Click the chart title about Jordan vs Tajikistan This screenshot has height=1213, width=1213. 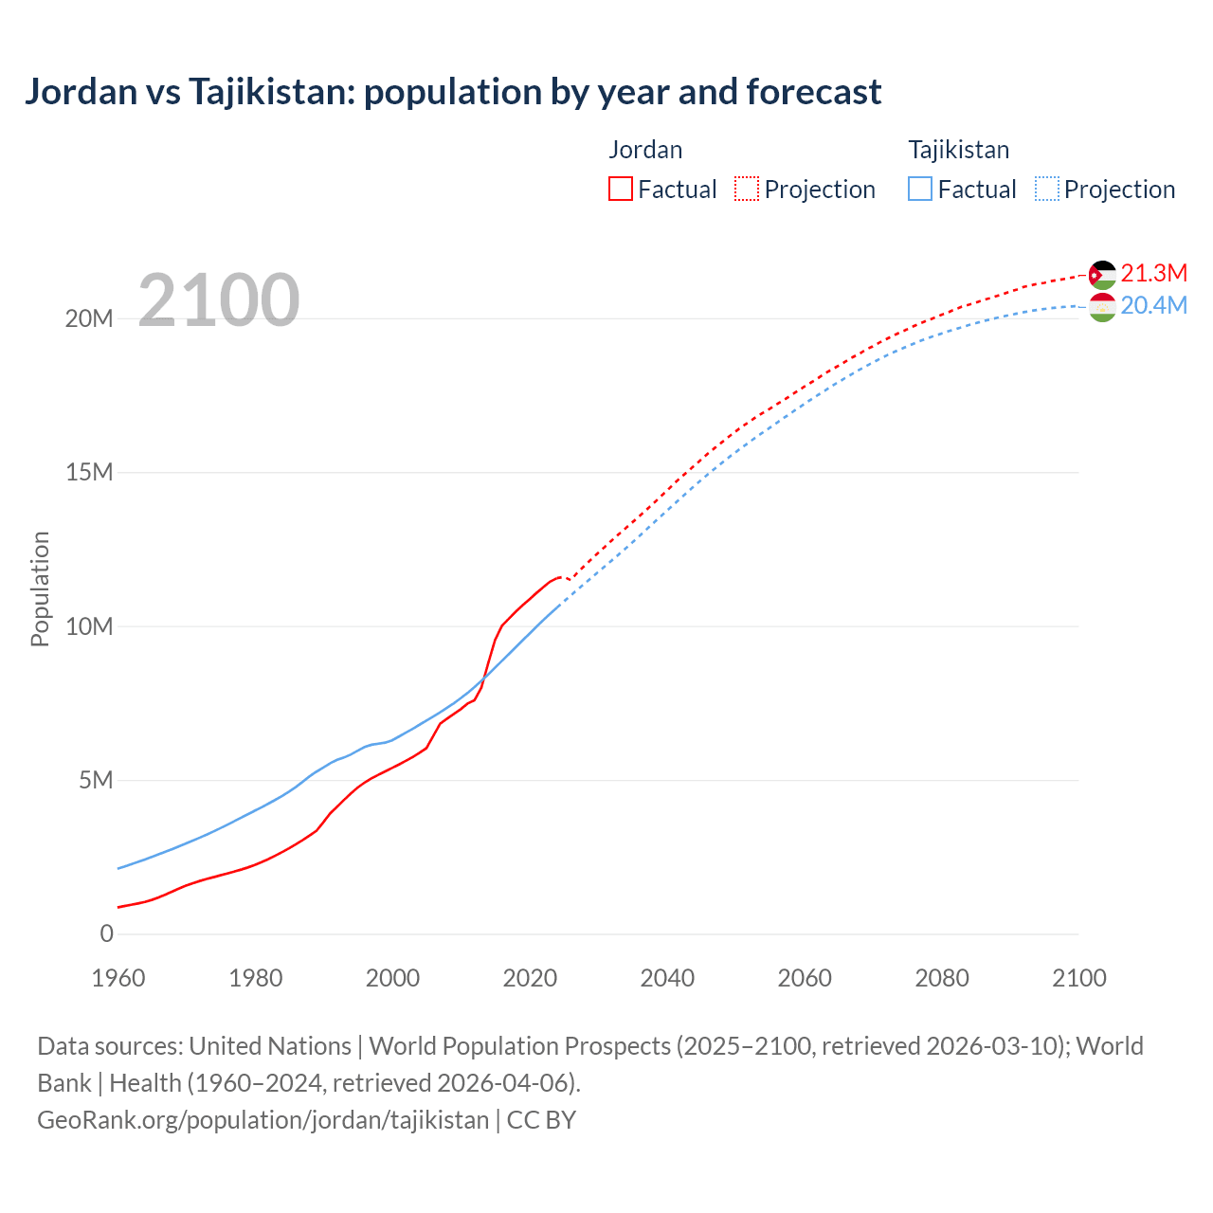pyautogui.click(x=453, y=92)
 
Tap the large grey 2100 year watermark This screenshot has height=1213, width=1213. pyautogui.click(x=219, y=300)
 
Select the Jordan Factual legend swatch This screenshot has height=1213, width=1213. pyautogui.click(x=620, y=189)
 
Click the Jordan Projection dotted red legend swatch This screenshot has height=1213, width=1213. pyautogui.click(x=747, y=189)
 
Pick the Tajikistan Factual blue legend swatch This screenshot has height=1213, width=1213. pyautogui.click(x=919, y=189)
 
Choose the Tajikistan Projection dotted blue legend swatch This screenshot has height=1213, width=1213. pyautogui.click(x=1047, y=189)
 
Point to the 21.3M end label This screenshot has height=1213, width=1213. pyautogui.click(x=1153, y=273)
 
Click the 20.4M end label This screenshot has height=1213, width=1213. pyautogui.click(x=1153, y=305)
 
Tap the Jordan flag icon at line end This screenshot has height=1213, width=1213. pyautogui.click(x=1102, y=275)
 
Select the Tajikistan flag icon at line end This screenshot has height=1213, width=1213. pyautogui.click(x=1102, y=307)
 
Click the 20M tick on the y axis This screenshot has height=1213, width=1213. pyautogui.click(x=89, y=318)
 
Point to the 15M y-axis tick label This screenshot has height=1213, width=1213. pyautogui.click(x=89, y=472)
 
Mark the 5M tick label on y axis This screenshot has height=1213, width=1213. pyautogui.click(x=96, y=780)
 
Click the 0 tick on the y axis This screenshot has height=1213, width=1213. pyautogui.click(x=106, y=933)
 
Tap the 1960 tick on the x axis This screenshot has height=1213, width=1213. pyautogui.click(x=118, y=978)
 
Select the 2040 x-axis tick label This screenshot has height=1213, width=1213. pyautogui.click(x=667, y=978)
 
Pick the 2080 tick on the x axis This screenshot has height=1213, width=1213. pyautogui.click(x=942, y=978)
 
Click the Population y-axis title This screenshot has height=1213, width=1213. pyautogui.click(x=40, y=588)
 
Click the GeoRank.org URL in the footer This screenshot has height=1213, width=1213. pyautogui.click(x=263, y=1119)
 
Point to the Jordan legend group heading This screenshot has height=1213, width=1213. pyautogui.click(x=645, y=150)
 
